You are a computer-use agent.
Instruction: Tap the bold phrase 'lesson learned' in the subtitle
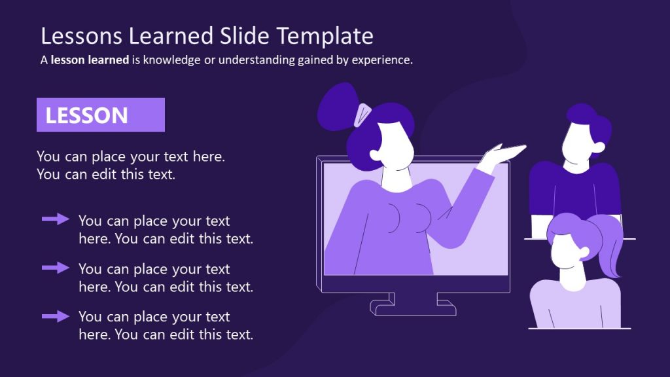click(90, 60)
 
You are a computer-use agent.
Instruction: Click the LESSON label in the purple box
click(86, 116)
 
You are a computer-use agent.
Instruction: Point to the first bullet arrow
click(56, 219)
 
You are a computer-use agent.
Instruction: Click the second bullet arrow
click(56, 267)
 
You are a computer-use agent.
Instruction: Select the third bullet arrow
click(56, 316)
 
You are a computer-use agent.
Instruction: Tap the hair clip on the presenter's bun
click(362, 115)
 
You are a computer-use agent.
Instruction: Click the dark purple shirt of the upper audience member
click(574, 190)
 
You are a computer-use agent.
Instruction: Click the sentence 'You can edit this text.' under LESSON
click(106, 175)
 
